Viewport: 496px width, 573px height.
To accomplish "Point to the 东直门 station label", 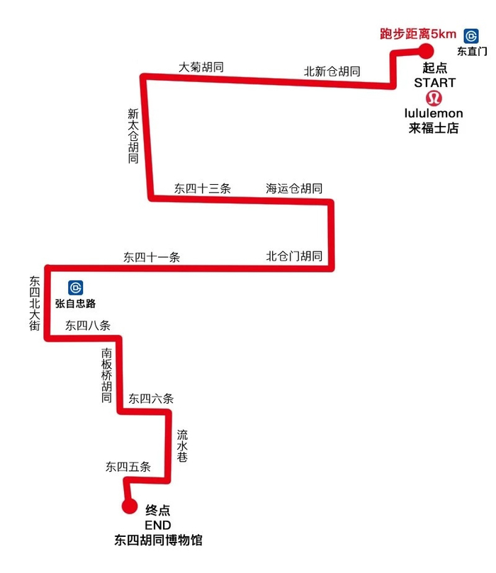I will pyautogui.click(x=472, y=51).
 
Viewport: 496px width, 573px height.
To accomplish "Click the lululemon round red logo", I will pyautogui.click(x=434, y=98).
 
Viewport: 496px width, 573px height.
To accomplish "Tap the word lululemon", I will pyautogui.click(x=434, y=113).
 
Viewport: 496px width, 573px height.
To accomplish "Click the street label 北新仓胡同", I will pyautogui.click(x=332, y=72).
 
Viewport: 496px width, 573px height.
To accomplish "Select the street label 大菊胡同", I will pyautogui.click(x=202, y=67).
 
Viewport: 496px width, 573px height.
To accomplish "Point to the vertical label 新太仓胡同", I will pyautogui.click(x=133, y=136).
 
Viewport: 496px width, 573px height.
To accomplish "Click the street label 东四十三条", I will pyautogui.click(x=203, y=188).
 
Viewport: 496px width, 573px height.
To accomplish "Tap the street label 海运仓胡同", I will pyautogui.click(x=294, y=188).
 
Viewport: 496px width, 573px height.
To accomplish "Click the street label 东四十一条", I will pyautogui.click(x=152, y=257).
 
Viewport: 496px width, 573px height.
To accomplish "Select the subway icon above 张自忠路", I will pyautogui.click(x=76, y=288).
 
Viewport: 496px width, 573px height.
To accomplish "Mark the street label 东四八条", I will pyautogui.click(x=88, y=326).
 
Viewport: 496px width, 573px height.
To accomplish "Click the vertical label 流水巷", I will pyautogui.click(x=182, y=446).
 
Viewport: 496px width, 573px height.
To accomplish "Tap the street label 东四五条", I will pyautogui.click(x=128, y=467).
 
